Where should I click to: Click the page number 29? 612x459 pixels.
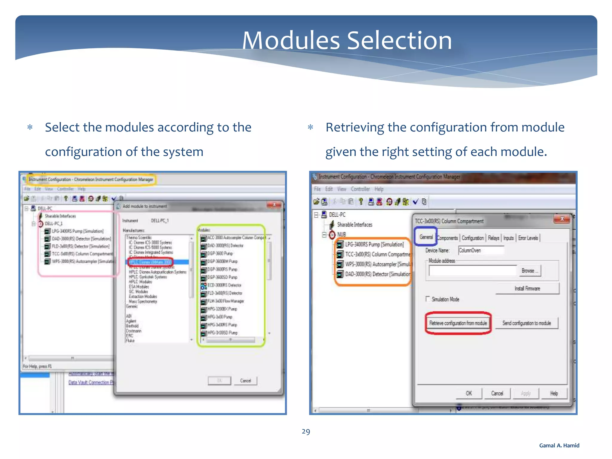point(306,432)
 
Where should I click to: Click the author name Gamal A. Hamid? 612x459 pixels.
point(559,445)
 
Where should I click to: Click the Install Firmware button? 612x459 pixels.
point(527,288)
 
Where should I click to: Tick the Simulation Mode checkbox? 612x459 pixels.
point(428,299)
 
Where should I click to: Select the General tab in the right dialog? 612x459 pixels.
point(426,237)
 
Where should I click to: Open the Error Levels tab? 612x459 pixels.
point(528,238)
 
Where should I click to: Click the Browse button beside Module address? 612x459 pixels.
point(530,271)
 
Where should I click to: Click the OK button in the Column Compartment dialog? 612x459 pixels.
point(469,393)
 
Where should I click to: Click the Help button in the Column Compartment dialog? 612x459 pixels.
point(554,393)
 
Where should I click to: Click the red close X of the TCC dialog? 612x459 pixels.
point(562,219)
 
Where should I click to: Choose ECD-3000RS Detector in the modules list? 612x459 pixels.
point(224,285)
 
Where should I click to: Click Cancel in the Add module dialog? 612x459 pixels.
point(245,380)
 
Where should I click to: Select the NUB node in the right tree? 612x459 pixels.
point(341,234)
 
